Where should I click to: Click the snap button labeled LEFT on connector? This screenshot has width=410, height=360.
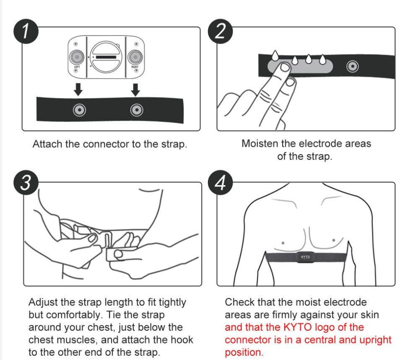[x=76, y=57]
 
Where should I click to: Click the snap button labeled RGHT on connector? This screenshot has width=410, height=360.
[x=135, y=57]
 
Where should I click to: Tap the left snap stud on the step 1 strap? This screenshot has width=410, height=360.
[x=79, y=110]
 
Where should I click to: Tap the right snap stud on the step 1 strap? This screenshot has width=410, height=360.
[x=135, y=110]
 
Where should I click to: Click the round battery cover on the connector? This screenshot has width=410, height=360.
[x=106, y=57]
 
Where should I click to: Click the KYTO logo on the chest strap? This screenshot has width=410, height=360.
[x=306, y=256]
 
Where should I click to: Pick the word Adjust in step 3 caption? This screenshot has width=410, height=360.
[x=42, y=302]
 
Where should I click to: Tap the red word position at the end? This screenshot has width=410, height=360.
[x=244, y=352]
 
